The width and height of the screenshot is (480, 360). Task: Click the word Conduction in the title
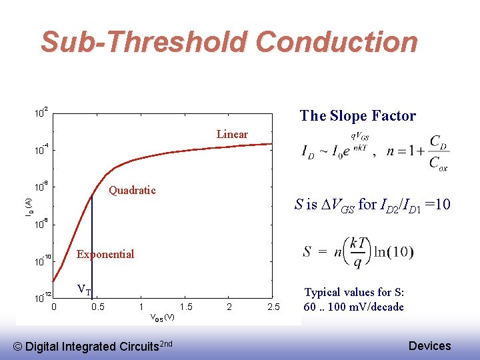[336, 42]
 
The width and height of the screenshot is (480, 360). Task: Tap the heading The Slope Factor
[357, 115]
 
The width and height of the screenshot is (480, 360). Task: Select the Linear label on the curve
[232, 134]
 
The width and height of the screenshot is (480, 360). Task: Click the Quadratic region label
[132, 190]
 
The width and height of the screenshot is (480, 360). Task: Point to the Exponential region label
[105, 254]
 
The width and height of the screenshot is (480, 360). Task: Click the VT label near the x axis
[84, 289]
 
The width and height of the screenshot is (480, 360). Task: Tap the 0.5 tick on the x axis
[97, 307]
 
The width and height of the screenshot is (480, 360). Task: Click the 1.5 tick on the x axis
[186, 307]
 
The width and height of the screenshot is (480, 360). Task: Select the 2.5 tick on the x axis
[273, 307]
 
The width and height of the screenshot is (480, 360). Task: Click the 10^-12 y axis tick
[43, 297]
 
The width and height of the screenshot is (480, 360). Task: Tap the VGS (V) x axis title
[162, 317]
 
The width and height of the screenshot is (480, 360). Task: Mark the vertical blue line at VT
[92, 247]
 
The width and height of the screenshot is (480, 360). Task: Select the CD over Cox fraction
[438, 152]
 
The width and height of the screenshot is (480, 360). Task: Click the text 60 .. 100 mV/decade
[353, 307]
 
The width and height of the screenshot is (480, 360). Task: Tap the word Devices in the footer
[429, 345]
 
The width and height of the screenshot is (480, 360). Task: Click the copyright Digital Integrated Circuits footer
[93, 345]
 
